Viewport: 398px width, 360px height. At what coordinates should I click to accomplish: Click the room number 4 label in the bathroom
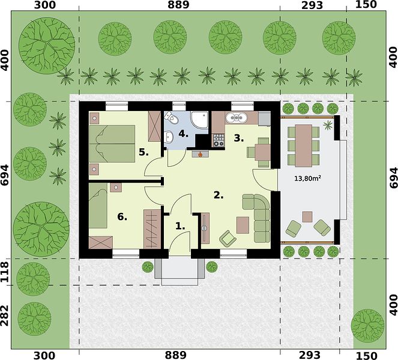pyautogui.click(x=183, y=134)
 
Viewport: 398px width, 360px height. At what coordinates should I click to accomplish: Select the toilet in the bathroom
pyautogui.click(x=169, y=118)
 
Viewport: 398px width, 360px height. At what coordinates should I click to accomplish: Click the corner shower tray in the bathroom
pyautogui.click(x=199, y=121)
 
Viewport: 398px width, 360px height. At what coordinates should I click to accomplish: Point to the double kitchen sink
pyautogui.click(x=237, y=117)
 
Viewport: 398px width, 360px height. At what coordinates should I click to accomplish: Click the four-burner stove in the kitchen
pyautogui.click(x=219, y=140)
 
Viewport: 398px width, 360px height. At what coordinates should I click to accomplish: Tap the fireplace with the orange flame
pyautogui.click(x=201, y=154)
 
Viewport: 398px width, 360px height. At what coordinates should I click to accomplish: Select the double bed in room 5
pyautogui.click(x=112, y=143)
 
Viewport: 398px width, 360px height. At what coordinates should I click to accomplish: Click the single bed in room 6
pyautogui.click(x=98, y=205)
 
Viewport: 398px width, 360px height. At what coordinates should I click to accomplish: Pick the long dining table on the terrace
pyautogui.click(x=303, y=145)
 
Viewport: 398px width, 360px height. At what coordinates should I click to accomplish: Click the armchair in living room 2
pyautogui.click(x=228, y=238)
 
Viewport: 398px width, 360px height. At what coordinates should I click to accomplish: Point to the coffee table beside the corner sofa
pyautogui.click(x=243, y=225)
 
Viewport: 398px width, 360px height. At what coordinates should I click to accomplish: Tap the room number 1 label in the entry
pyautogui.click(x=180, y=226)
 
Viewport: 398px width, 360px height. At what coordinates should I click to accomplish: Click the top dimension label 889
pyautogui.click(x=178, y=5)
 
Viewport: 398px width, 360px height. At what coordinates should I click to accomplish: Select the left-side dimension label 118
pyautogui.click(x=5, y=272)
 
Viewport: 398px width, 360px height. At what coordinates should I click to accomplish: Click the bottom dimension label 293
pyautogui.click(x=310, y=355)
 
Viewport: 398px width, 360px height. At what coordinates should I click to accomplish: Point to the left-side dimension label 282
pyautogui.click(x=5, y=316)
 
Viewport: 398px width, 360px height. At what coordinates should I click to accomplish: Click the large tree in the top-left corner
pyautogui.click(x=47, y=46)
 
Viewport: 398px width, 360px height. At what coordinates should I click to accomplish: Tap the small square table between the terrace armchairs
pyautogui.click(x=307, y=217)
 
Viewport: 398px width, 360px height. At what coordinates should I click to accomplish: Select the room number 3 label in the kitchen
pyautogui.click(x=238, y=138)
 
